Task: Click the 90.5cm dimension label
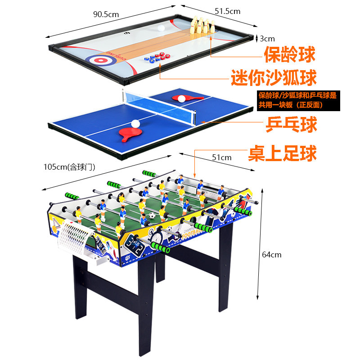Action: (x=106, y=14)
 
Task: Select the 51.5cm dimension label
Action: (x=227, y=11)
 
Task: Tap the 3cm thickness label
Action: (x=267, y=39)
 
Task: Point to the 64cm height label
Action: (x=271, y=255)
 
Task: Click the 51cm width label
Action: (x=222, y=157)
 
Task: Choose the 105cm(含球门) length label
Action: (x=69, y=166)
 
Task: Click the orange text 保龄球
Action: (x=289, y=55)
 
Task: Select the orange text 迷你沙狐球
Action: (x=274, y=77)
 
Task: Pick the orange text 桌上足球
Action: (x=283, y=153)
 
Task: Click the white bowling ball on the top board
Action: (x=162, y=28)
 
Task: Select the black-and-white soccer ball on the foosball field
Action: (x=152, y=216)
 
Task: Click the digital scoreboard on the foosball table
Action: (x=135, y=244)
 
